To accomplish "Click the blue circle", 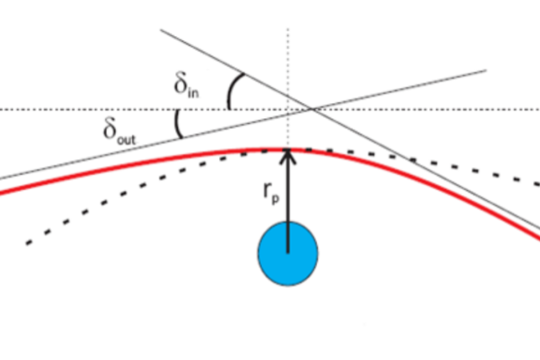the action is [x=288, y=254].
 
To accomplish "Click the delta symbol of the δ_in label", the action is [x=181, y=82].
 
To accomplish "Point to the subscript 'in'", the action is [x=193, y=93].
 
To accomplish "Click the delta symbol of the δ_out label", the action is [x=110, y=129].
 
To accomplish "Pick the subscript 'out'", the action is [x=127, y=140].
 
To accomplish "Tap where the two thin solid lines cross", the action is [x=312, y=109].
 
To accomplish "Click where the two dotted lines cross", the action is [x=288, y=109].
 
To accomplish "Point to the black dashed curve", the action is [x=288, y=150].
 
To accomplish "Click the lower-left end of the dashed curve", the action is [x=27, y=244].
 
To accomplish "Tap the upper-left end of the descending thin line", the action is [x=161, y=30].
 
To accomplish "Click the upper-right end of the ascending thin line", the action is [x=486, y=70].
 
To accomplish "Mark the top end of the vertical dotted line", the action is [x=288, y=29].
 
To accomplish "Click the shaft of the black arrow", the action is [x=288, y=203].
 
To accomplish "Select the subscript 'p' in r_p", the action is [x=275, y=200].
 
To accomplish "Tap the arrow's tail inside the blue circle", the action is [x=288, y=253].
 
